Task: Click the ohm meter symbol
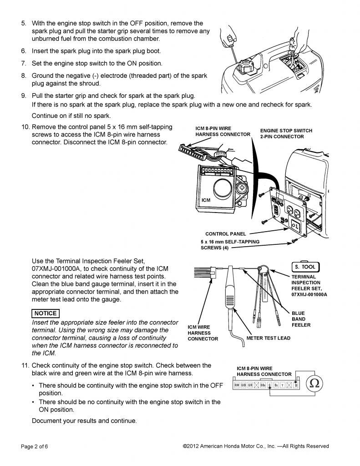click(x=314, y=383)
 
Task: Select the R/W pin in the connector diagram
click(x=237, y=385)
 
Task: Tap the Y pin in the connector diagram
click(x=283, y=385)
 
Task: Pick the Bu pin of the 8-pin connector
click(x=276, y=385)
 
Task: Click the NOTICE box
click(x=45, y=313)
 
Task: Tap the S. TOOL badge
click(x=305, y=267)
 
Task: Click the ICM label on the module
click(x=206, y=200)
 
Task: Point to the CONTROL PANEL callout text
click(x=225, y=234)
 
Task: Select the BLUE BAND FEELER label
click(x=301, y=319)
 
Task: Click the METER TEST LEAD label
click(x=268, y=338)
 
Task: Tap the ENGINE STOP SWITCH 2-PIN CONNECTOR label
click(x=286, y=133)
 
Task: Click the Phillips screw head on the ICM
click(x=243, y=187)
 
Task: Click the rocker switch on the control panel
click(x=294, y=225)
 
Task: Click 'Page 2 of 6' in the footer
click(x=34, y=446)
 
